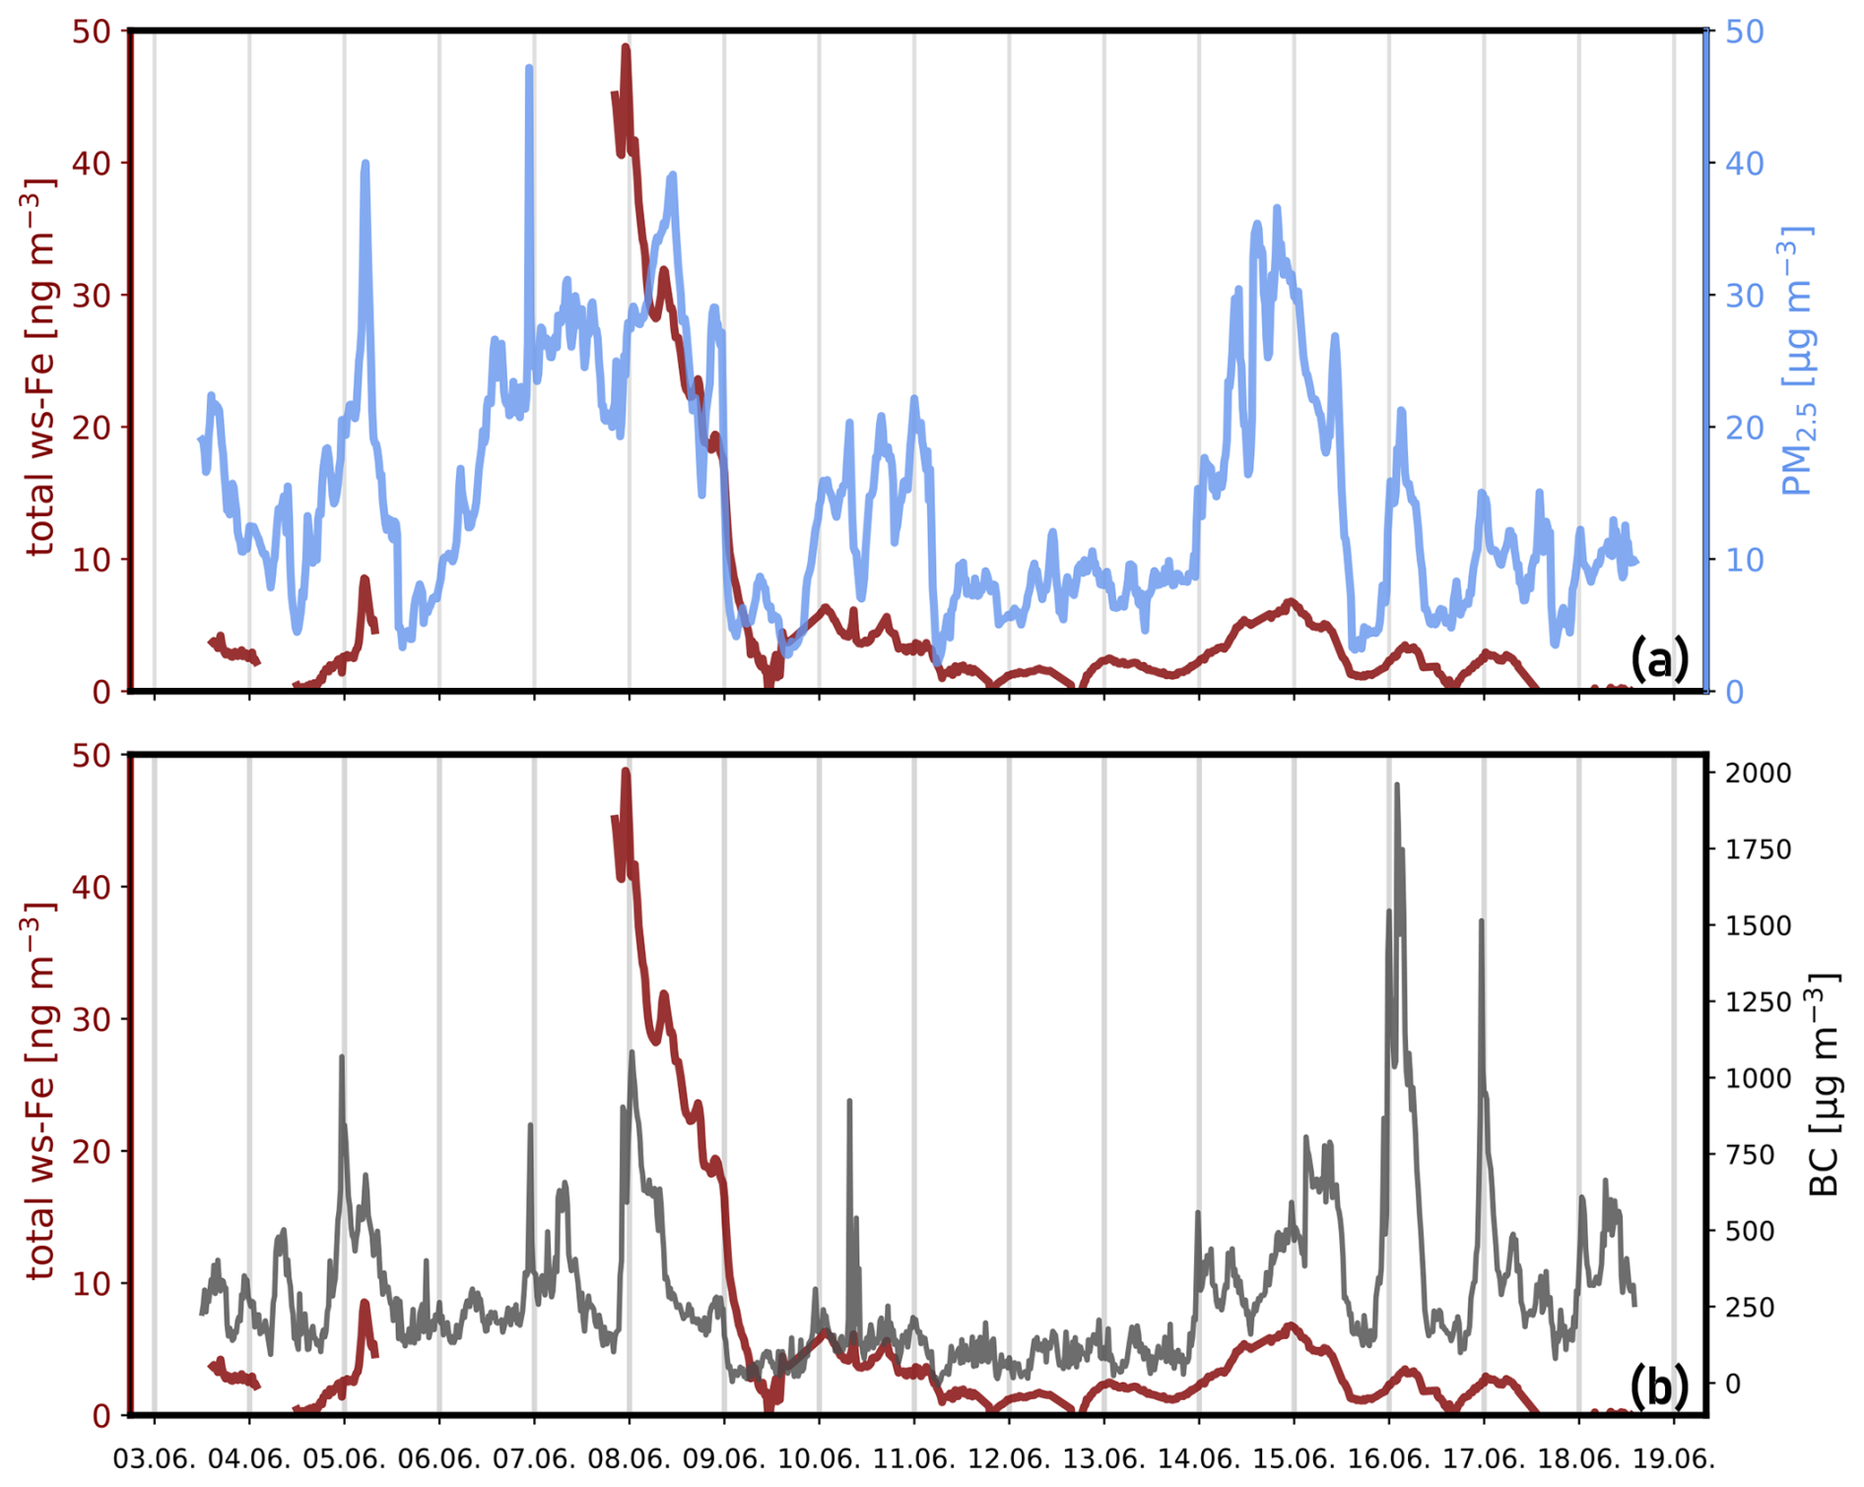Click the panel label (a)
pos(1658,658)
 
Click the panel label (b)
pos(1658,1386)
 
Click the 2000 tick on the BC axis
pos(1757,773)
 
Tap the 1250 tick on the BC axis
pos(1757,1002)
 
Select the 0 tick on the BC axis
pos(1732,1384)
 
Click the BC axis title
pos(1824,1084)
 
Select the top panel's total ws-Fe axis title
pos(39,367)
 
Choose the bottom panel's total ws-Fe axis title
pos(39,1092)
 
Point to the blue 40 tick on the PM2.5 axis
pos(1744,164)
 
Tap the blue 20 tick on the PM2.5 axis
pos(1744,428)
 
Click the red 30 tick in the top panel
pos(91,296)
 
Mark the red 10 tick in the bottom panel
pos(91,1284)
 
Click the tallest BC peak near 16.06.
pos(1396,786)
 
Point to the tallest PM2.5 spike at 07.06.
pos(529,69)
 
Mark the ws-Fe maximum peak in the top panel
pos(626,47)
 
